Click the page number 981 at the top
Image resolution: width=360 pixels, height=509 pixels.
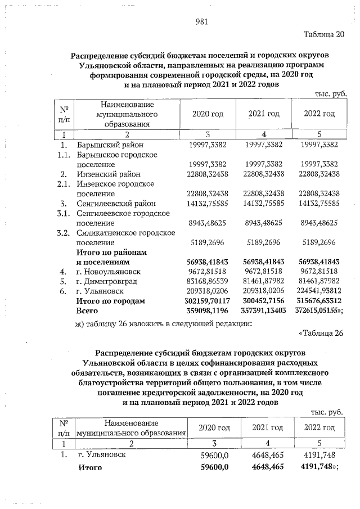[x=202, y=22]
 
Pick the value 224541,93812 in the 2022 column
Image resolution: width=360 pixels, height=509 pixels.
[x=319, y=291]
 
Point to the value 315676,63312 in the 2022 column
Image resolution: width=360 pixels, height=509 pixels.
[x=319, y=301]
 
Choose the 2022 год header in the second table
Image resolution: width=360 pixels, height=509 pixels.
[x=319, y=428]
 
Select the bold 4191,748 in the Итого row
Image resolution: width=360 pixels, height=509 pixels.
[x=318, y=467]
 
